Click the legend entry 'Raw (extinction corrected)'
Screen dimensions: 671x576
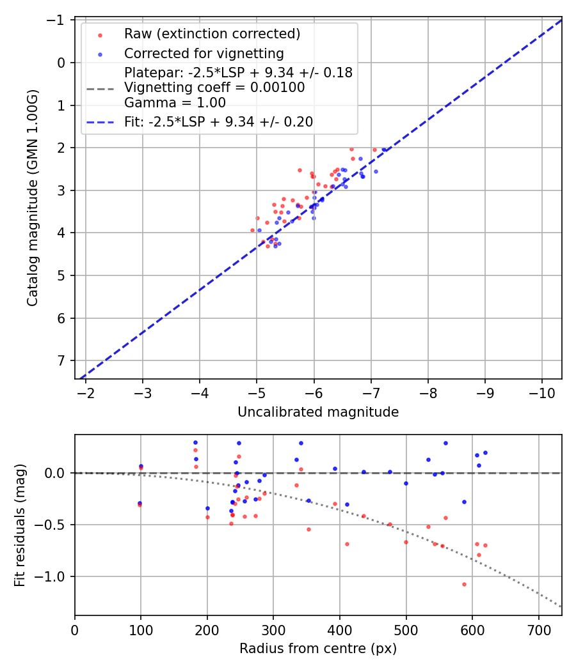212,34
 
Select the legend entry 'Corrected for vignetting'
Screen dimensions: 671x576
204,53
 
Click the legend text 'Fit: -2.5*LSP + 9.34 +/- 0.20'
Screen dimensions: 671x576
218,122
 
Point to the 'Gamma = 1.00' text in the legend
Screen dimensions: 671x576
175,102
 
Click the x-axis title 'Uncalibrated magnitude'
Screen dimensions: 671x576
318,412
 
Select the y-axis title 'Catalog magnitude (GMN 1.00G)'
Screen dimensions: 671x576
33,198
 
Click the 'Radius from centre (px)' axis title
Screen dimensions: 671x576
318,649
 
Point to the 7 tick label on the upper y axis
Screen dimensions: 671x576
61,360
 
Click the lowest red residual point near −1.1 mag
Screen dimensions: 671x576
464,584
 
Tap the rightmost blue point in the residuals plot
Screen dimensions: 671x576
485,452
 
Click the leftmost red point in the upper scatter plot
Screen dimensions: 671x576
252,230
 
